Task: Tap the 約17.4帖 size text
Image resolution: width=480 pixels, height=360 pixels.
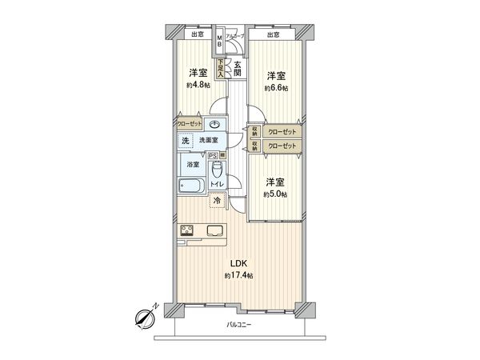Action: coord(238,276)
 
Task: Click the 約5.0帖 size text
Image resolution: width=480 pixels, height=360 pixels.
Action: coord(277,194)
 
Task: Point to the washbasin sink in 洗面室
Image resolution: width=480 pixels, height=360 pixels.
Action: coord(215,125)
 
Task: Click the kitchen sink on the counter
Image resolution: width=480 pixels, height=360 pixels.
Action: coord(217,233)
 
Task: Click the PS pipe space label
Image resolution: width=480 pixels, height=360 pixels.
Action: coord(212,156)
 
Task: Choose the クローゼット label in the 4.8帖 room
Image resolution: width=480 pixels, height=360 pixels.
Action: coord(190,125)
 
